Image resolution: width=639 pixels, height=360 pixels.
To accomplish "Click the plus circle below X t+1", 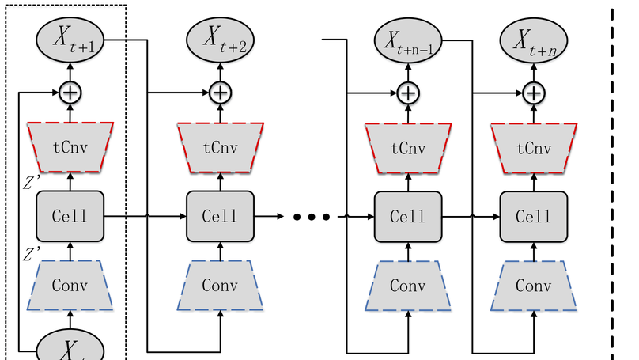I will tap(71, 93).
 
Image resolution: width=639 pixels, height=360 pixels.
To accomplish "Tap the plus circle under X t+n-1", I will tap(407, 93).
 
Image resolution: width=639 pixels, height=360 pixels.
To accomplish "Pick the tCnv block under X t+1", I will tap(71, 147).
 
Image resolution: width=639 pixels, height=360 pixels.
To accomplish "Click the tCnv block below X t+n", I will tap(533, 147).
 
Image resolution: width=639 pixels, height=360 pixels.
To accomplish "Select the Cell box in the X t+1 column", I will tap(71, 216).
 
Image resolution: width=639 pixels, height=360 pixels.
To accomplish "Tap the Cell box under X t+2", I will tap(220, 216).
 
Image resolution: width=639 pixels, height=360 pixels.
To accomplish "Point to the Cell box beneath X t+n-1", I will tap(407, 216).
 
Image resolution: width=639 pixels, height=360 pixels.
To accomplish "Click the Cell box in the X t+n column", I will tap(533, 216).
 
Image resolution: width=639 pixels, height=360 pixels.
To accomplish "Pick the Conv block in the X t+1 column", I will tap(71, 284).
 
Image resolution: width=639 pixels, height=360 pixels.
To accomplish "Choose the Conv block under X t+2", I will tap(220, 284).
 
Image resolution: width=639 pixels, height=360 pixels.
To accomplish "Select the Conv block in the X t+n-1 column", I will tap(407, 284).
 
